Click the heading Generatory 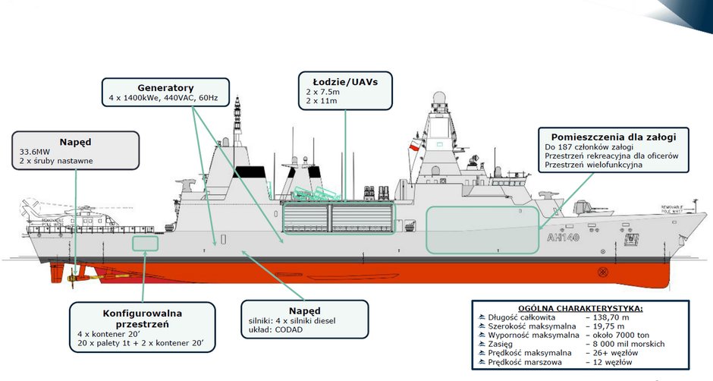point(165,88)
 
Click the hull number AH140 point(562,238)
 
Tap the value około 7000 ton point(621,335)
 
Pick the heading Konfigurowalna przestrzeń point(142,318)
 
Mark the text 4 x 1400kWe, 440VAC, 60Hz point(163,99)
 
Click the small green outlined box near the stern point(145,244)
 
